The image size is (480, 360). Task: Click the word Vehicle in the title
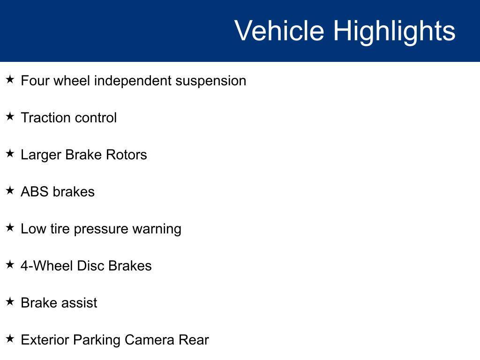(x=279, y=30)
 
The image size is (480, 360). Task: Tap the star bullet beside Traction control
(x=10, y=116)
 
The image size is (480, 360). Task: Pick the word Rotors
(x=127, y=155)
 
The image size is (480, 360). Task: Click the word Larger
(x=41, y=155)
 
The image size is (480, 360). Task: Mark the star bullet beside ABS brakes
(x=10, y=190)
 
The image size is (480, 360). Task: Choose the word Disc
(x=90, y=266)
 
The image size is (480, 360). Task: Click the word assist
(x=78, y=303)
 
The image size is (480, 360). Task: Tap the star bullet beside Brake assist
(x=10, y=301)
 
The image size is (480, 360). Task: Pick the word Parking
(x=97, y=341)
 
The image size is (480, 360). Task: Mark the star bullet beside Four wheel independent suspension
(x=10, y=80)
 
